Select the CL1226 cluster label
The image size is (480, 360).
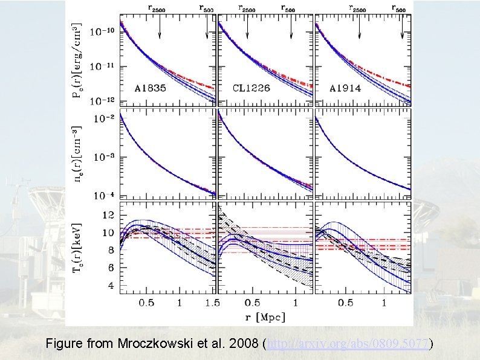point(251,88)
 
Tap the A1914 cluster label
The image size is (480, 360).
point(346,88)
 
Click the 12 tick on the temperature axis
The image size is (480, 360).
point(109,216)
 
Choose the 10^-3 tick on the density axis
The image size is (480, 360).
point(104,157)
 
